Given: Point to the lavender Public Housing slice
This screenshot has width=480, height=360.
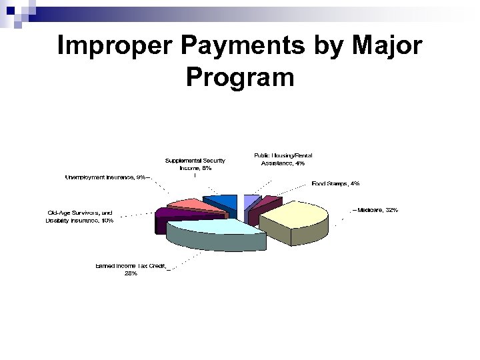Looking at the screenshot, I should point(251,201).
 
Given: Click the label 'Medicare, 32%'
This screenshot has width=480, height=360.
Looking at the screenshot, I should point(378,210).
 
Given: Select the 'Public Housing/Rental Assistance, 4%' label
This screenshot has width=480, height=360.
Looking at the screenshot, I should point(283,159).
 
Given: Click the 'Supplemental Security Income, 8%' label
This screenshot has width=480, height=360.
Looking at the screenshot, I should point(195,164).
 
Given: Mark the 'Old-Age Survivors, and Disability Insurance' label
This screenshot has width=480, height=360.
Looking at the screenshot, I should point(80,216).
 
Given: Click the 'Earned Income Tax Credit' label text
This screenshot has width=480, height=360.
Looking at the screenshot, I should point(131,266).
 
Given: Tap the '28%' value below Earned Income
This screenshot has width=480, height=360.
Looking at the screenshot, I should point(131,274).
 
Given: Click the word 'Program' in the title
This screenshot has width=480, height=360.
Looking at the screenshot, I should point(240,77).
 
